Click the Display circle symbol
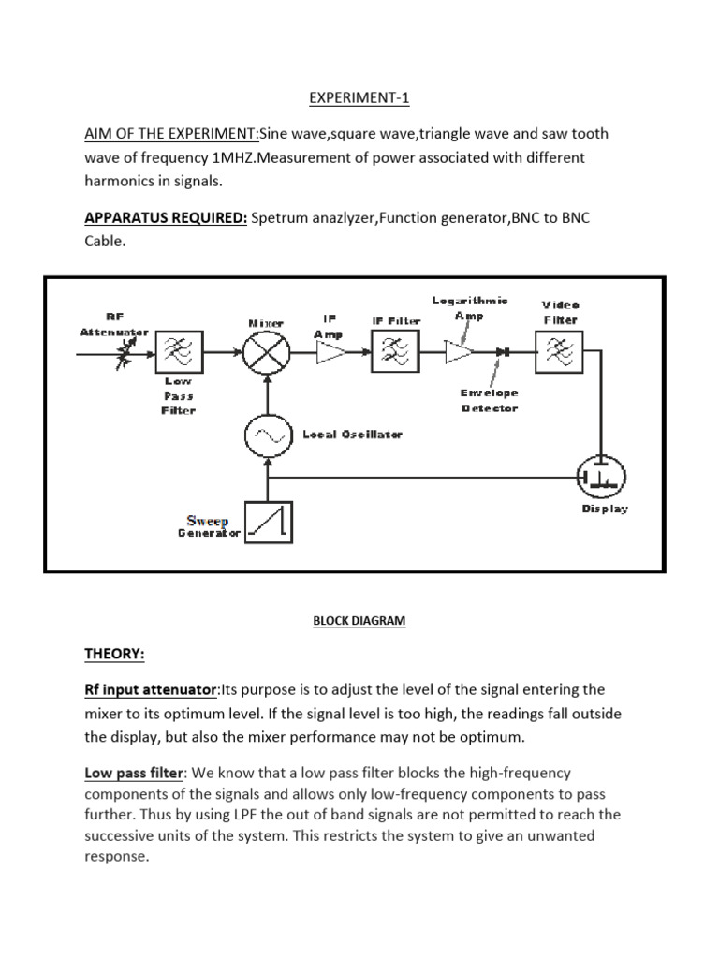(x=599, y=478)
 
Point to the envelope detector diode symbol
(x=503, y=353)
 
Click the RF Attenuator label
(x=113, y=324)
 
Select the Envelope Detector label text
(x=488, y=400)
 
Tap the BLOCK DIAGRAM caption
(x=359, y=620)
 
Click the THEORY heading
(x=116, y=653)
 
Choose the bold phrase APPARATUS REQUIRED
(x=166, y=217)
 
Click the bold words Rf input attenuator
(x=150, y=690)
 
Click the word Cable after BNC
(x=103, y=241)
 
